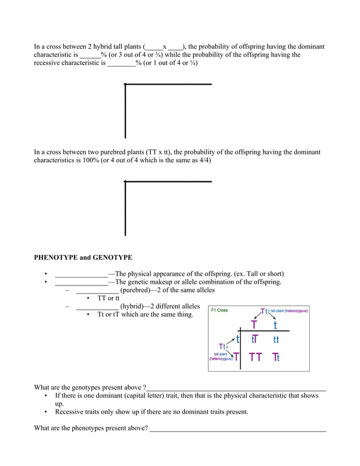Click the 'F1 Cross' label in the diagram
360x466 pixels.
[219, 310]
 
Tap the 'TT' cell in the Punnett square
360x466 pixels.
[255, 357]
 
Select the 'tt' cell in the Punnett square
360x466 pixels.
[276, 340]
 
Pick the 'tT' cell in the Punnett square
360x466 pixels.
[254, 340]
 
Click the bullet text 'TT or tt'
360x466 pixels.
[108, 298]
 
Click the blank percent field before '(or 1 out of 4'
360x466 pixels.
[121, 63]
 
